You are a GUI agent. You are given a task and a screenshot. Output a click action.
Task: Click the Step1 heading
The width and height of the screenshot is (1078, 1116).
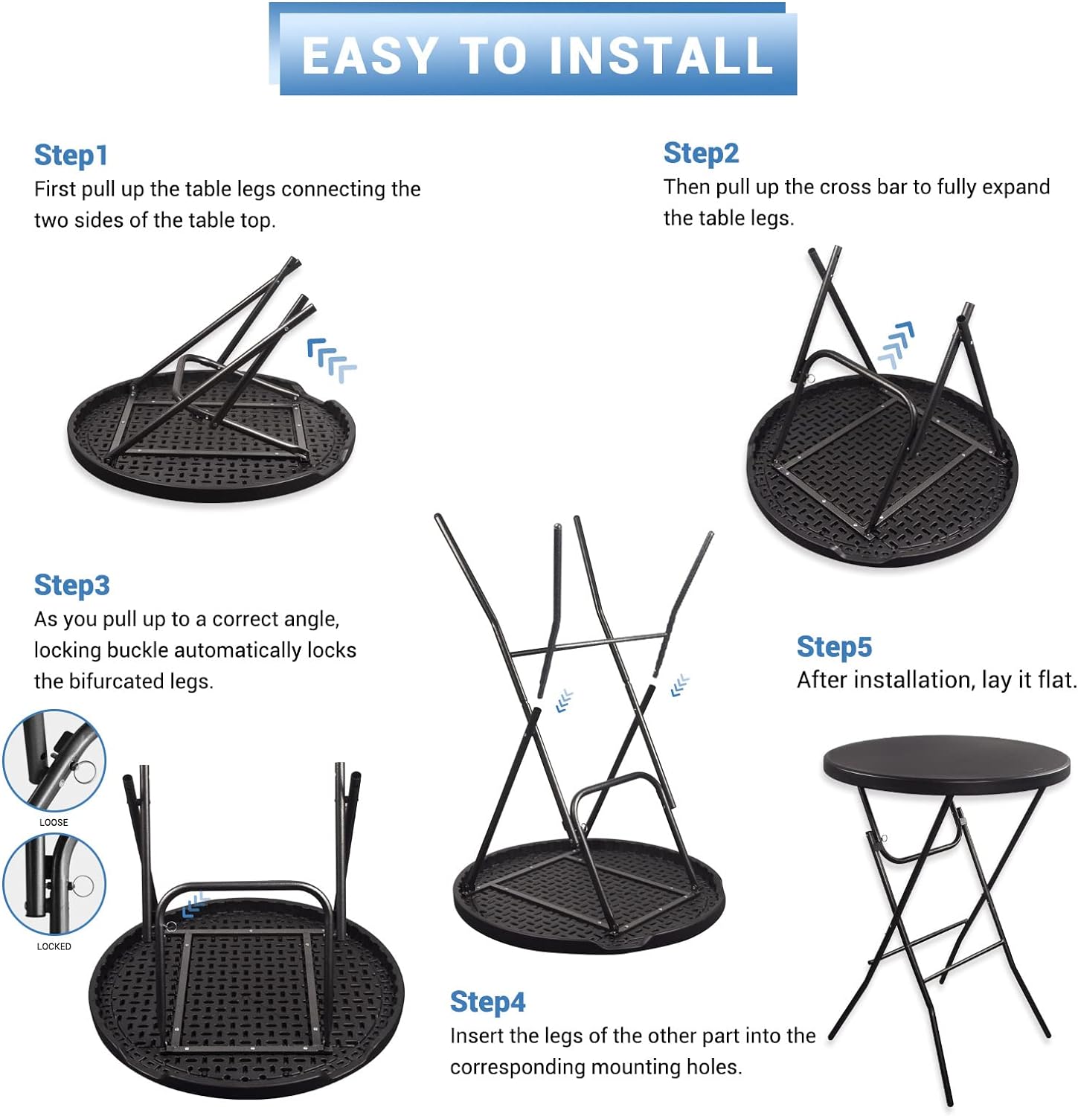[71, 155]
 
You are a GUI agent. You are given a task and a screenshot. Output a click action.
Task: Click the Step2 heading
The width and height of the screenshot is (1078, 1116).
[701, 153]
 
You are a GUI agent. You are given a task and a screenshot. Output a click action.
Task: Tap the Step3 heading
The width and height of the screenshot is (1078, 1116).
[72, 586]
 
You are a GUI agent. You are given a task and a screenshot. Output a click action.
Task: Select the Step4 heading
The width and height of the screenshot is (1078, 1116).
[487, 1002]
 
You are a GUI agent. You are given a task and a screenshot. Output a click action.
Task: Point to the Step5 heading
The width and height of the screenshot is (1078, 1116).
[834, 647]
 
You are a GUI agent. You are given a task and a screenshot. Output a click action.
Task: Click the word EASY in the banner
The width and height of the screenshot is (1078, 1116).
[370, 55]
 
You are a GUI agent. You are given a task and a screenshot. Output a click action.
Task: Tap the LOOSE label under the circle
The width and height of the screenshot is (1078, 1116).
[54, 822]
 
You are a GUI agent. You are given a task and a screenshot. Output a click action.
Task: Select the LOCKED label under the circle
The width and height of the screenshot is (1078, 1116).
[54, 946]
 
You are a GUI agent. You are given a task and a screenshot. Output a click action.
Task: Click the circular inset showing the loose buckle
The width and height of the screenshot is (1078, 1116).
[54, 760]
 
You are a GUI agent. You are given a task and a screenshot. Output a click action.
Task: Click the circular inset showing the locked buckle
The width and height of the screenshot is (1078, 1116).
[54, 885]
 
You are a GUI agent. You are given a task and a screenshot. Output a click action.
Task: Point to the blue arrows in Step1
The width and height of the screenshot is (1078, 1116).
[332, 360]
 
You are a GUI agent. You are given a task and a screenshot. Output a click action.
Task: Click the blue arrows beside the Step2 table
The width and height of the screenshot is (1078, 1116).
[896, 345]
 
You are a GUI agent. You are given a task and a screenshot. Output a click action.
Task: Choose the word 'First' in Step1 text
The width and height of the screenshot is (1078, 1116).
[54, 190]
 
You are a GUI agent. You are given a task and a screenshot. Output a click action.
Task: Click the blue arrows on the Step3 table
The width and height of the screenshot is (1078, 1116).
[194, 905]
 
